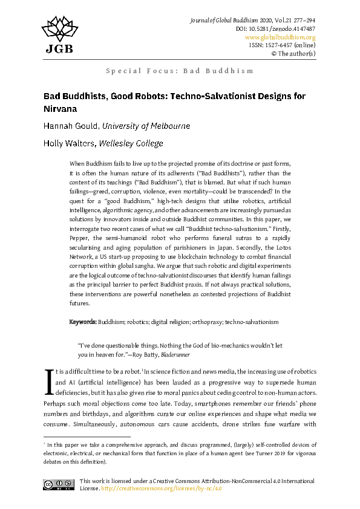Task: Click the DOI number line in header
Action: pyautogui.click(x=275, y=28)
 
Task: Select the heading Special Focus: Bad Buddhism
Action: pyautogui.click(x=180, y=71)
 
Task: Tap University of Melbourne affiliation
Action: pyautogui.click(x=146, y=126)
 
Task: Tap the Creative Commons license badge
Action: pyautogui.click(x=59, y=484)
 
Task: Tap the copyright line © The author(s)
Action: pyautogui.click(x=293, y=53)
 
